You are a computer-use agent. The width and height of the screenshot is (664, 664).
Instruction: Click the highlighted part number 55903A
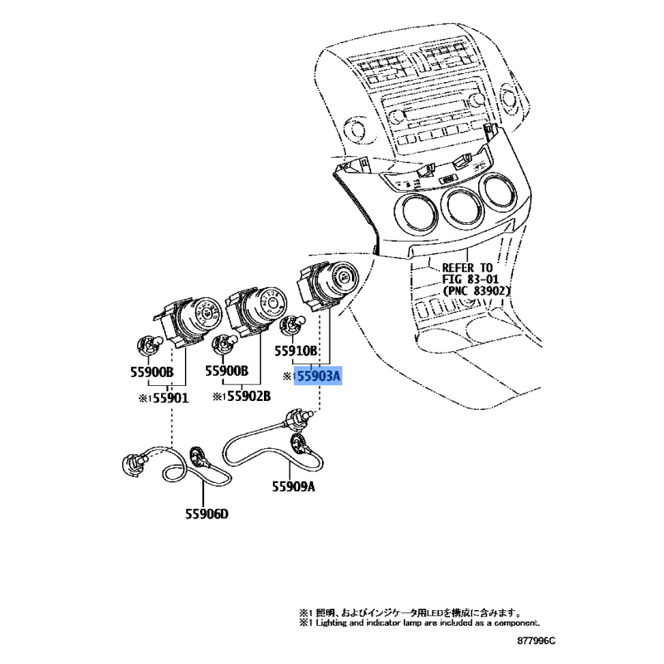(319, 376)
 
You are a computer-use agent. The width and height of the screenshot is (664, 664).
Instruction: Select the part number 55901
(170, 398)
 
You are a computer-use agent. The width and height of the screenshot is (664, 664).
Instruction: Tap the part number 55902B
(248, 396)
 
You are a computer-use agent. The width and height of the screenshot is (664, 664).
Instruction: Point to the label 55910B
(295, 350)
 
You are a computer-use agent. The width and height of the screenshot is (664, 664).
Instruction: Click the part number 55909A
(294, 487)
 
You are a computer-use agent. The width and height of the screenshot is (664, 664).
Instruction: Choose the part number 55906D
(207, 514)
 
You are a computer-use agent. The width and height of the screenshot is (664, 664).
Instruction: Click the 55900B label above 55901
(152, 372)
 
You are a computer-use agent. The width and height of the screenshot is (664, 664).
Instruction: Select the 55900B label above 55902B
(227, 370)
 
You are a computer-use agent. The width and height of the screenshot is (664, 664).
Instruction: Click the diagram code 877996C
(535, 641)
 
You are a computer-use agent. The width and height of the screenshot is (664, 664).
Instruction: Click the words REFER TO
(467, 267)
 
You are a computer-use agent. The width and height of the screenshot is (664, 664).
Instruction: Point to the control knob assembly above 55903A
(327, 286)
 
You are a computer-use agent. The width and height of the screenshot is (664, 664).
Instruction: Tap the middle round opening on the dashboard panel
(465, 211)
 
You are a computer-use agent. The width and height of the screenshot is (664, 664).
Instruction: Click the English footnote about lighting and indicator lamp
(419, 623)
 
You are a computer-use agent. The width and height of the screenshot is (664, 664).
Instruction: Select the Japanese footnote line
(410, 613)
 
